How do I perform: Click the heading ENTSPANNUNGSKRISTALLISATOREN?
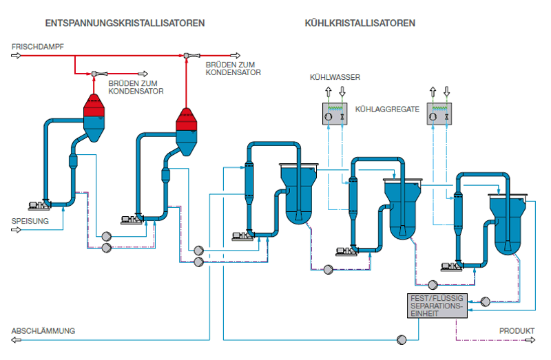tap(125, 23)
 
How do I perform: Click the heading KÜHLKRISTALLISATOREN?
tap(360, 23)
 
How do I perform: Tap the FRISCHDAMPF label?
tap(38, 47)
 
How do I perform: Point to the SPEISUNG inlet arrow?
tap(16, 230)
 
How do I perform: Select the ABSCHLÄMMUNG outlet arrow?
tap(16, 339)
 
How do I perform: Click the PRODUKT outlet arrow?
tap(530, 339)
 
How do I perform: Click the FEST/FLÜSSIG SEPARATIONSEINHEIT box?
tap(437, 306)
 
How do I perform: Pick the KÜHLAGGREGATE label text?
tap(387, 109)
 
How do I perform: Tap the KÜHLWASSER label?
tap(335, 77)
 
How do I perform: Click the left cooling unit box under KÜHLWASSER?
tap(335, 114)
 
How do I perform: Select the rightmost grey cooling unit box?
tap(439, 114)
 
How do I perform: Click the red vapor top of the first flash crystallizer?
tap(94, 105)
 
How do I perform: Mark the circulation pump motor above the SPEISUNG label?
tap(39, 205)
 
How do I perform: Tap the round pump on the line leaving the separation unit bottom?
tap(402, 339)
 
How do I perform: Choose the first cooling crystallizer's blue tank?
tap(299, 194)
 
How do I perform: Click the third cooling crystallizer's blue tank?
tap(508, 224)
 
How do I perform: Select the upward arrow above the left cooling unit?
tap(329, 92)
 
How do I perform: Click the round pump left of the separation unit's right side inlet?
tap(485, 301)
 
